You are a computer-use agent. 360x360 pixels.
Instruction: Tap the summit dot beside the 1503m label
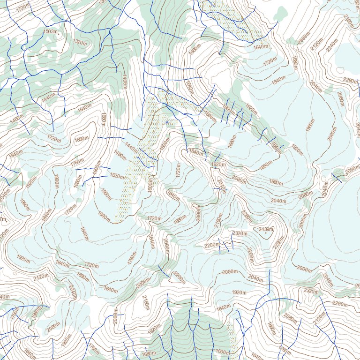(x=58, y=34)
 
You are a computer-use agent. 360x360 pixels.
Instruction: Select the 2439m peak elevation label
(x=266, y=229)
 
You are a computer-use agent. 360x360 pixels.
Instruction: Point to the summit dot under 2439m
(x=265, y=233)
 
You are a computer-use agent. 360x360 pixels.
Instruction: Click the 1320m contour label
(x=80, y=42)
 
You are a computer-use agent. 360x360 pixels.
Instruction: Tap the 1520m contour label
(x=117, y=176)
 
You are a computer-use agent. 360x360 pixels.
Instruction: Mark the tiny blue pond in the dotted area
(x=166, y=122)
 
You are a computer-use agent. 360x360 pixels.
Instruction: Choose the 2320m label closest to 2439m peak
(x=240, y=233)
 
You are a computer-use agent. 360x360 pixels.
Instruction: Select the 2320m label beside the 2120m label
(x=311, y=291)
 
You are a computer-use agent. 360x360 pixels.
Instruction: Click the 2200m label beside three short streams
(x=212, y=245)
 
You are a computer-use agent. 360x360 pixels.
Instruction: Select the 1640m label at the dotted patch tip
(x=261, y=47)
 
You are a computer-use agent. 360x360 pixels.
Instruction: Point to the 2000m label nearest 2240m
(x=304, y=38)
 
